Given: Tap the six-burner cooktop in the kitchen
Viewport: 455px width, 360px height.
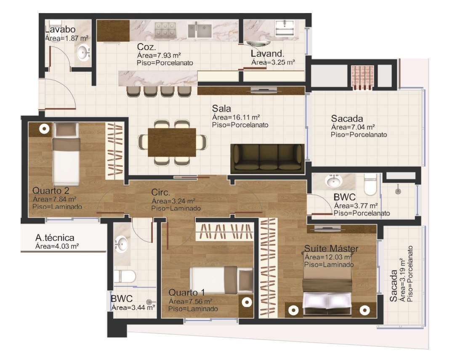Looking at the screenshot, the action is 166,29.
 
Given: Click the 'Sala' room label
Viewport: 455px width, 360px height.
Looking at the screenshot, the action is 221,108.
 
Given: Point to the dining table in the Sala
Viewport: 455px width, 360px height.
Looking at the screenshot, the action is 172,142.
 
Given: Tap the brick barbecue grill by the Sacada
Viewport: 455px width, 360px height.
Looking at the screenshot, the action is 362,77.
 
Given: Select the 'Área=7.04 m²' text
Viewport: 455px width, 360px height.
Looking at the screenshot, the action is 353,127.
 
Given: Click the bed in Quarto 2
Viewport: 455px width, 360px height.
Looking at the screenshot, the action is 66,154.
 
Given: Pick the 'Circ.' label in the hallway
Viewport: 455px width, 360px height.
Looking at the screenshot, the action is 160,192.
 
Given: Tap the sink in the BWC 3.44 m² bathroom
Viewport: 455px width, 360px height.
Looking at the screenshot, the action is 121,243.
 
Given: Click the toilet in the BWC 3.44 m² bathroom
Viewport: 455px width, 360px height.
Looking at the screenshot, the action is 125,276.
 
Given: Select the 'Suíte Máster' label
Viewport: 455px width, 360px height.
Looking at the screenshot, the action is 331,248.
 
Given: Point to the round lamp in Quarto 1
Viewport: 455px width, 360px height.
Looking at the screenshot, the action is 247,302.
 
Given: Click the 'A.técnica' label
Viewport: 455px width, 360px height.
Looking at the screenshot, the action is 55,237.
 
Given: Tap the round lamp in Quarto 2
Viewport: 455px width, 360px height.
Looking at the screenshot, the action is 44,129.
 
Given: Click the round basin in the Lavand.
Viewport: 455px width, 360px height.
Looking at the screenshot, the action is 258,43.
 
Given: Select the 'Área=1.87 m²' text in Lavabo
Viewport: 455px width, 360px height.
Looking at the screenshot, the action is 67,38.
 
